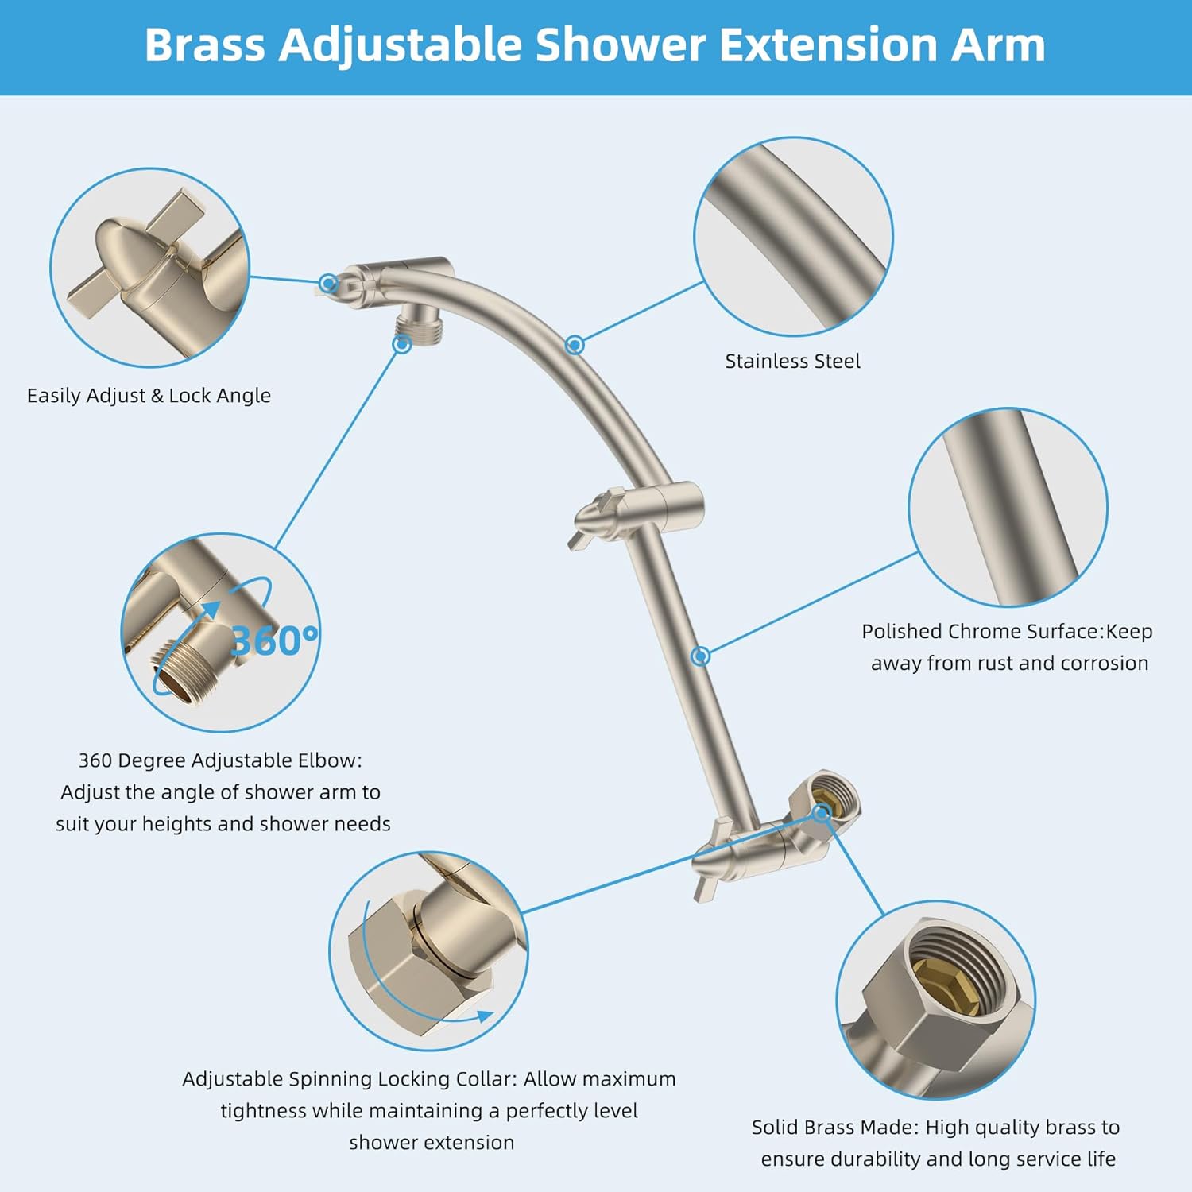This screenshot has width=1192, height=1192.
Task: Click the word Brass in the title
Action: point(205,45)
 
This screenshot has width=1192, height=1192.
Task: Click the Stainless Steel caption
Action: point(792,362)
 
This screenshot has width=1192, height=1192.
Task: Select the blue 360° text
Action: point(274,640)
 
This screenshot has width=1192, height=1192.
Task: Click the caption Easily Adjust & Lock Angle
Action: point(149,396)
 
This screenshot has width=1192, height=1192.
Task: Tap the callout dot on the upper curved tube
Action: point(575,345)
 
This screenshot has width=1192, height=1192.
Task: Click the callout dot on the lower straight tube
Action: point(700,656)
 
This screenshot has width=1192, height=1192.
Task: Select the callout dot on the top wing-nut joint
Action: point(328,283)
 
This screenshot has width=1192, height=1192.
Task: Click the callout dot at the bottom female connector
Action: point(821,812)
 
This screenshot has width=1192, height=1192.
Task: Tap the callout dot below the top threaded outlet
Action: point(402,344)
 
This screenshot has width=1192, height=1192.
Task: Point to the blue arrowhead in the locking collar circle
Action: point(482,1016)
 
